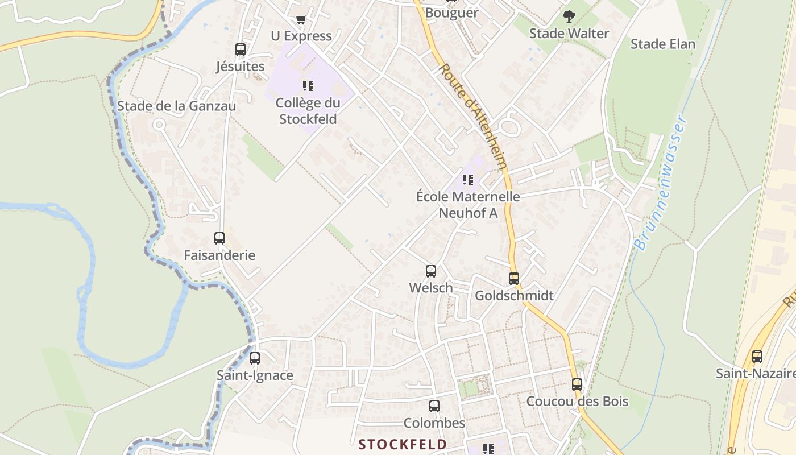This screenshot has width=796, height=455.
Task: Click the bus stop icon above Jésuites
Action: coord(241,49)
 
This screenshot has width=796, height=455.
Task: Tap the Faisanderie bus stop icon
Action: coord(219,238)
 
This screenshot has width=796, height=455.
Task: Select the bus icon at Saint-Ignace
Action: coord(255,358)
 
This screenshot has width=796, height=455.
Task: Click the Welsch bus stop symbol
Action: coord(431,271)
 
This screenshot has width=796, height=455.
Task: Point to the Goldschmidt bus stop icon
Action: coord(514,279)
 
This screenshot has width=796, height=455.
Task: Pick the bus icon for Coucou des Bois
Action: coord(577,384)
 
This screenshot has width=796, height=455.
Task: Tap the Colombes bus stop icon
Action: coord(434,406)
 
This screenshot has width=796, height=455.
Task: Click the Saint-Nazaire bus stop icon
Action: coord(757,357)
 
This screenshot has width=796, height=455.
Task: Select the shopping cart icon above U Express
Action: coord(301,20)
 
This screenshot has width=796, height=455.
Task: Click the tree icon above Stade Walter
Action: coord(569,16)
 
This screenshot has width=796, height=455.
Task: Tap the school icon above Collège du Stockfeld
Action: coord(308,86)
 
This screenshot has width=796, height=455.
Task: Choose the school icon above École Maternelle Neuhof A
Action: coord(468,180)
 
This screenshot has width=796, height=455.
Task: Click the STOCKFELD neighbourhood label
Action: coord(403,444)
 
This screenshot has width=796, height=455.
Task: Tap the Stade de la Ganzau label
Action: coord(176,106)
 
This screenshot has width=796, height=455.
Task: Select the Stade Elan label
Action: coord(663,44)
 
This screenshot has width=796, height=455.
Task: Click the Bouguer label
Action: coord(452,13)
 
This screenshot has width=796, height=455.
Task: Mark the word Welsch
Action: coord(431,288)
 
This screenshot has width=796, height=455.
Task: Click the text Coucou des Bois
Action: coord(577,402)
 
